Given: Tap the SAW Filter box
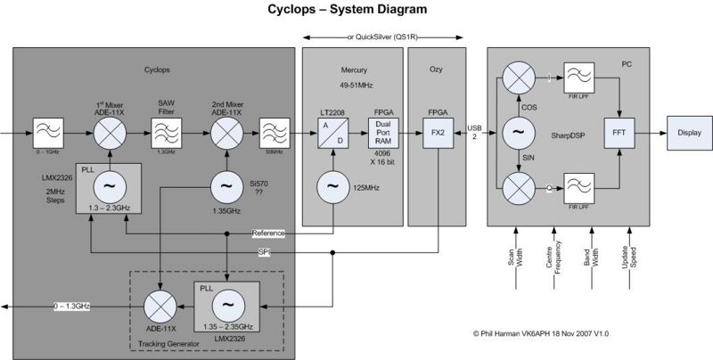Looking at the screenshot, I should [x=167, y=133].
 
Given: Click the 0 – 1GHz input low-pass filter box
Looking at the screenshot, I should [x=45, y=133].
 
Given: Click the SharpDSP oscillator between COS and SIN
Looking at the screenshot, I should [x=517, y=133].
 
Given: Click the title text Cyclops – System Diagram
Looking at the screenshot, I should [x=348, y=11].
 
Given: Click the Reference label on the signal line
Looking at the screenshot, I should [x=267, y=233].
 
